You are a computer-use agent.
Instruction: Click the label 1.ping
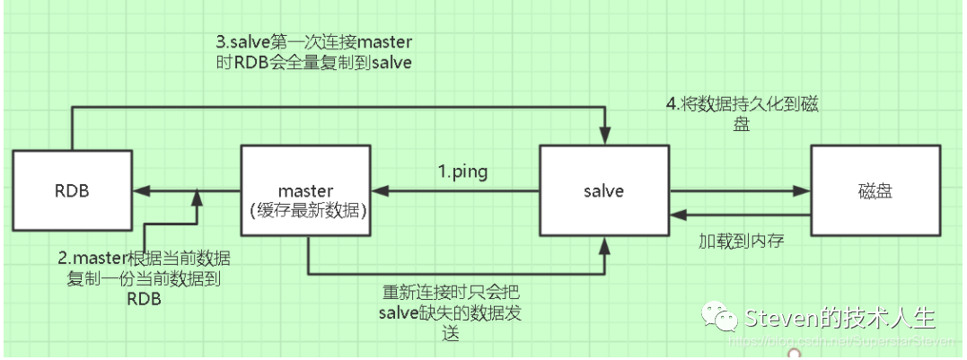click(462, 172)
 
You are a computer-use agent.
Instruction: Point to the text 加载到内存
click(741, 241)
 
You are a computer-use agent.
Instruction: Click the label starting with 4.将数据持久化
click(743, 114)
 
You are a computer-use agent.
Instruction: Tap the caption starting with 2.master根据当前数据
click(145, 277)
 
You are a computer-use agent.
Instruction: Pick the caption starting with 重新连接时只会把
click(450, 312)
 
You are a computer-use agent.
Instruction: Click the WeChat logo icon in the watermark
click(720, 318)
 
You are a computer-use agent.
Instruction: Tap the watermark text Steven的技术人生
click(840, 318)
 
